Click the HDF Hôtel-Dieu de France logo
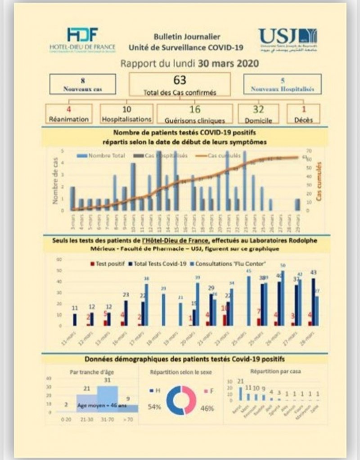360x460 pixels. [82, 40]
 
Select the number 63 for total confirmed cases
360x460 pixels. [180, 81]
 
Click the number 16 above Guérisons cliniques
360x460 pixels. [195, 109]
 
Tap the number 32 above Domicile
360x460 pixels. [258, 109]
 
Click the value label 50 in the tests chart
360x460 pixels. [283, 266]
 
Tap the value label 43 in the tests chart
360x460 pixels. [314, 272]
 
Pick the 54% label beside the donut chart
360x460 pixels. [154, 408]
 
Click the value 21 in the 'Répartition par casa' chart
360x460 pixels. [240, 381]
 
